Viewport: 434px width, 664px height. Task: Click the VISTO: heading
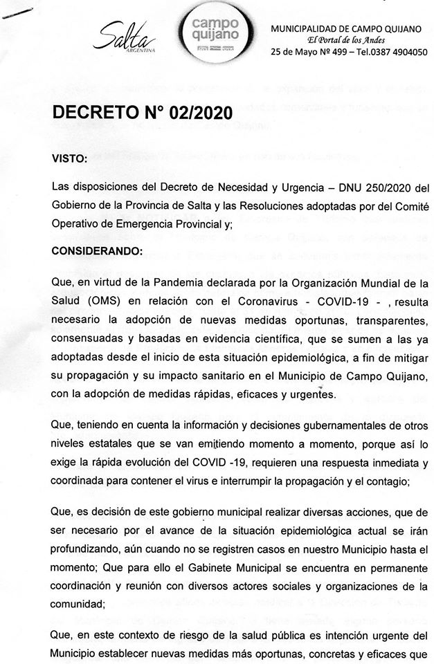coord(70,159)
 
